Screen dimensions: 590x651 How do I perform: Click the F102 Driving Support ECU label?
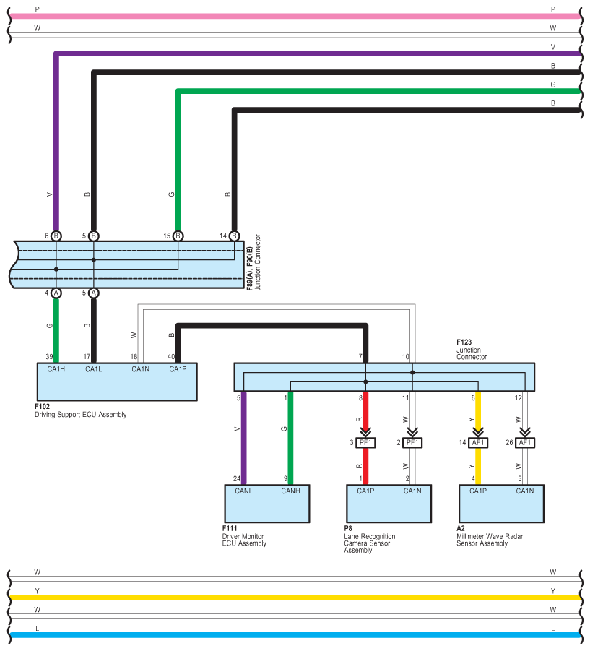80,410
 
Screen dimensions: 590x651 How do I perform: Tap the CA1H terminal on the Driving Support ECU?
56,369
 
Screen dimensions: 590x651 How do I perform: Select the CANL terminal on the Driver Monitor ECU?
243,491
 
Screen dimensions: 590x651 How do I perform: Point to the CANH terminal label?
290,491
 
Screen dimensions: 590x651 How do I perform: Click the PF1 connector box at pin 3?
365,443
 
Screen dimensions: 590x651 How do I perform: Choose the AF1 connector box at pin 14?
478,443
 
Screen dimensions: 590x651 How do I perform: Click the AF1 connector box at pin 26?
525,443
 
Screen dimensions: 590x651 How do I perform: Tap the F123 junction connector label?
472,349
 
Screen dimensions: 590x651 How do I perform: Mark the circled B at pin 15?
178,236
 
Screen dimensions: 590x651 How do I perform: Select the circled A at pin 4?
56,293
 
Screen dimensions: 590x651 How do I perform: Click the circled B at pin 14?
235,236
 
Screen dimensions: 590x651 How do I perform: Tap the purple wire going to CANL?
243,438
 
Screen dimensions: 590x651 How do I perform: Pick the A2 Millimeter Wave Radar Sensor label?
490,536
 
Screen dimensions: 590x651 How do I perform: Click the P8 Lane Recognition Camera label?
369,539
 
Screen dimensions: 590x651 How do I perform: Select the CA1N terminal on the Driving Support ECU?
141,369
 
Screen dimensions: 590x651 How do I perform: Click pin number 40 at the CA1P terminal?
171,357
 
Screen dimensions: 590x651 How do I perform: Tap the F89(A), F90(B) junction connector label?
253,262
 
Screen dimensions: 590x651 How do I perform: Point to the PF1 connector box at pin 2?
412,443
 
